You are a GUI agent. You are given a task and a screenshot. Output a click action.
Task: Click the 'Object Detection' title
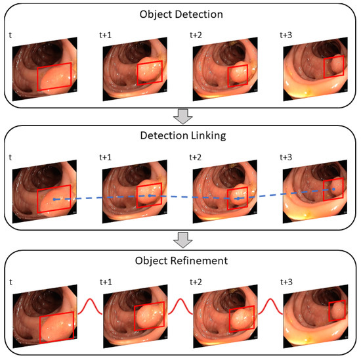[180, 14]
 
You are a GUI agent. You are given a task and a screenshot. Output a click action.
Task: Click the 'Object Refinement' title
[180, 261]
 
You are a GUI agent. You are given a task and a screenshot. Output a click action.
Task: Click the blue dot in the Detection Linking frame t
[54, 199]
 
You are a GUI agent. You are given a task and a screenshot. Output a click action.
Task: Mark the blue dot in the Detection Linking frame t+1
[150, 196]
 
